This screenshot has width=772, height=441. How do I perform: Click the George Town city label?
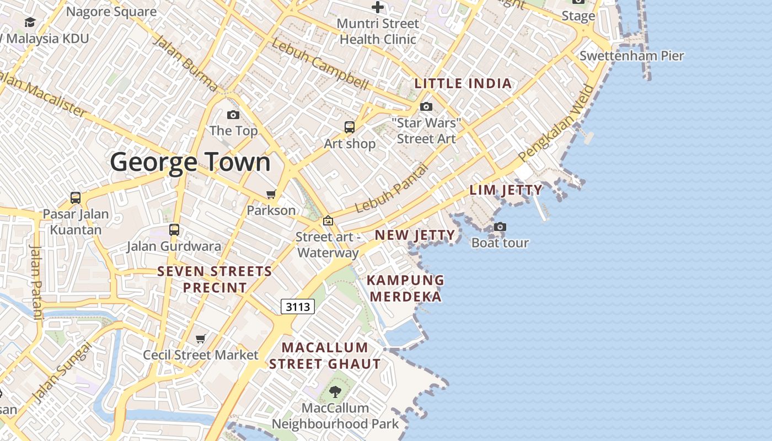[x=190, y=163]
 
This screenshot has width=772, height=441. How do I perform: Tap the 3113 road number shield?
[x=298, y=306]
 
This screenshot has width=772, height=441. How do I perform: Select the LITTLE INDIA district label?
[x=463, y=84]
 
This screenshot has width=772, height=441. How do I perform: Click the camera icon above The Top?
[x=233, y=115]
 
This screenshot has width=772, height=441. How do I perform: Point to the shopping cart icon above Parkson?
[x=271, y=194]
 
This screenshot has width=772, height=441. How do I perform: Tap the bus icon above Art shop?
[x=349, y=127]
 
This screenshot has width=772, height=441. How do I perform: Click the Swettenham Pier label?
[x=631, y=56]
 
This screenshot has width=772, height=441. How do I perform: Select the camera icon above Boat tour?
[x=500, y=227]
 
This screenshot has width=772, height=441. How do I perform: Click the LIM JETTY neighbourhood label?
[x=506, y=190]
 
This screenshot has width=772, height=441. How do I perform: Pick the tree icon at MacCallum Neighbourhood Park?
[x=335, y=392]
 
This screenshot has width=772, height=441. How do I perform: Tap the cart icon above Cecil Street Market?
[x=201, y=338]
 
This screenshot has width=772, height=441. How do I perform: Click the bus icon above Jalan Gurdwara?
[x=174, y=230]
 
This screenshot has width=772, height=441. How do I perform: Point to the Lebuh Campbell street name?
[x=320, y=65]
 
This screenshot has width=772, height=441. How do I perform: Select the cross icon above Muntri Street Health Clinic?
[x=378, y=7]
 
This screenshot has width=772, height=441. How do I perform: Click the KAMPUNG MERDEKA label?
[x=405, y=288]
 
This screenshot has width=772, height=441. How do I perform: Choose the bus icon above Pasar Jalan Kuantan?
[x=76, y=197]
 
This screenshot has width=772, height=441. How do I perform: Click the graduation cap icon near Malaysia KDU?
[x=30, y=22]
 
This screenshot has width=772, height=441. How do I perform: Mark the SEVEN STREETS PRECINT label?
[x=215, y=279]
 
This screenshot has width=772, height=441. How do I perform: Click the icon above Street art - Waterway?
[x=328, y=220]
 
